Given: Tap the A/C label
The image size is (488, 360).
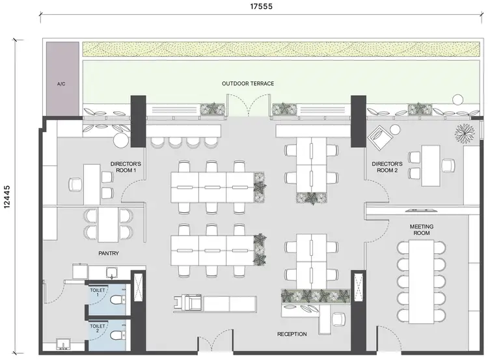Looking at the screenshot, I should click(61, 84).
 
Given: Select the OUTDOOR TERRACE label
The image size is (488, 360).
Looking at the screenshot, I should click(247, 84).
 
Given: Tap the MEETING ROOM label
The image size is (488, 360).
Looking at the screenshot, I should click(421, 229).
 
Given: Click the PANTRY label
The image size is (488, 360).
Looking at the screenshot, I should click(109, 253).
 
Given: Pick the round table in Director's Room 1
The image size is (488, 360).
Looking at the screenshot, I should click(122, 139).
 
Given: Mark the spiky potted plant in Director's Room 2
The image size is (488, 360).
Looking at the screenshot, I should click(464, 132).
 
